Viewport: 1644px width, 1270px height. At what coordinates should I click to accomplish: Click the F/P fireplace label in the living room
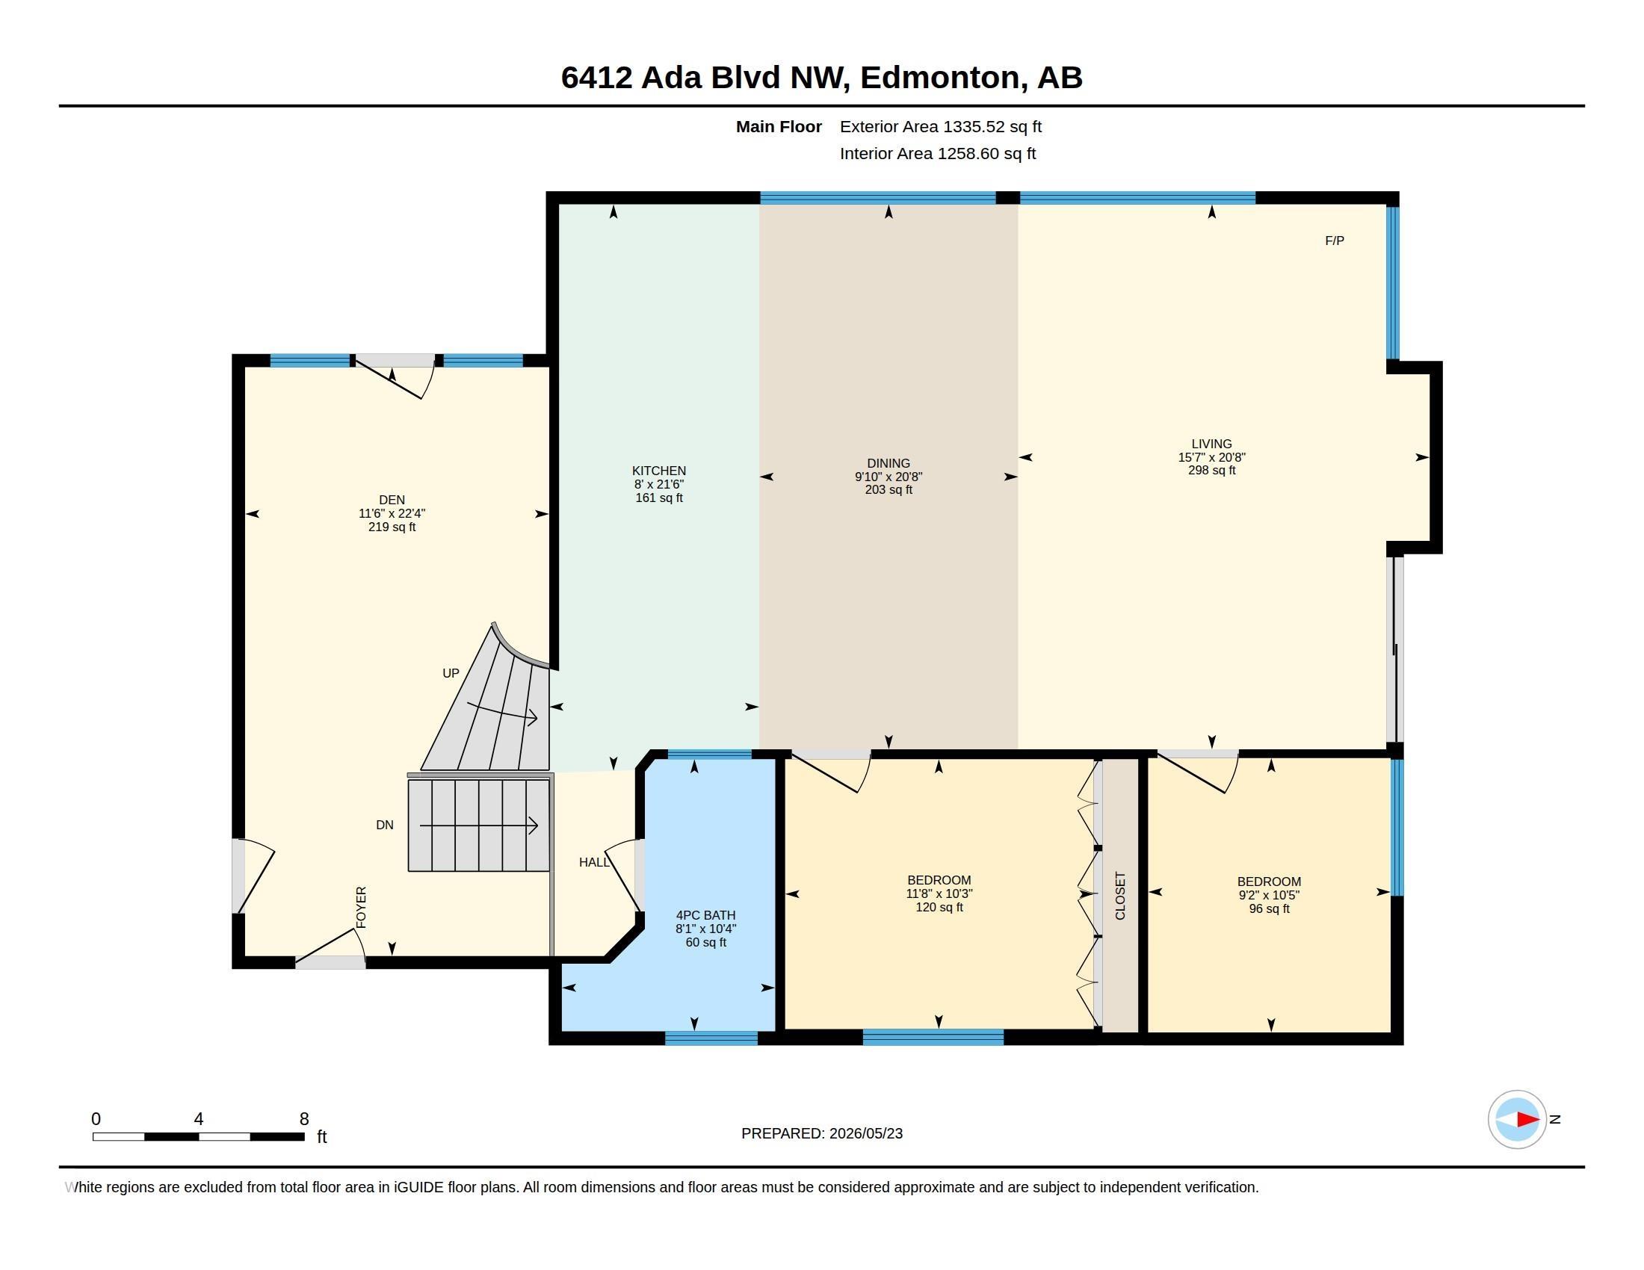pyautogui.click(x=1334, y=241)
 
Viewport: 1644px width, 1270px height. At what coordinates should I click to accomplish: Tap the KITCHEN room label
pyautogui.click(x=658, y=471)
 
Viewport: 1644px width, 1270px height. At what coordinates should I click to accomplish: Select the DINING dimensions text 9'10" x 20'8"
pyautogui.click(x=889, y=477)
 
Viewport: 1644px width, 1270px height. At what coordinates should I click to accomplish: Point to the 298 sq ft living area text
pyautogui.click(x=1211, y=470)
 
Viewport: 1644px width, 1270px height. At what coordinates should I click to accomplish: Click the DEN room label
pyautogui.click(x=392, y=500)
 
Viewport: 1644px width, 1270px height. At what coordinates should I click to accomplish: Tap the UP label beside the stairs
pyautogui.click(x=450, y=673)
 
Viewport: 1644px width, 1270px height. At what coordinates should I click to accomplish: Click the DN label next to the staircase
pyautogui.click(x=385, y=825)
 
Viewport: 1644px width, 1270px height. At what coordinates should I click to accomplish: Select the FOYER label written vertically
pyautogui.click(x=362, y=908)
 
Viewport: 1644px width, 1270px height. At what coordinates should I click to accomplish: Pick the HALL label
pyautogui.click(x=594, y=862)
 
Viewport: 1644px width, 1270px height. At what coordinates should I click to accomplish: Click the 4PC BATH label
pyautogui.click(x=705, y=916)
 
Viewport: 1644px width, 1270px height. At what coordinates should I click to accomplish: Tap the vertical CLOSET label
pyautogui.click(x=1120, y=895)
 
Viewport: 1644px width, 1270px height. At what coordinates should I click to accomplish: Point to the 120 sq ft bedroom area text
pyautogui.click(x=939, y=908)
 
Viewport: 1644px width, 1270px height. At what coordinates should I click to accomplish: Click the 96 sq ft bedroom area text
pyautogui.click(x=1269, y=909)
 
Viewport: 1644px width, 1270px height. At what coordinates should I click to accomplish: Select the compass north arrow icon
pyautogui.click(x=1517, y=1119)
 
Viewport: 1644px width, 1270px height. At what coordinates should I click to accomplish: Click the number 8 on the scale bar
pyautogui.click(x=304, y=1119)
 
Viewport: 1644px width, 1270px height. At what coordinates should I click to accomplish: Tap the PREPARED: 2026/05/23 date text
pyautogui.click(x=822, y=1133)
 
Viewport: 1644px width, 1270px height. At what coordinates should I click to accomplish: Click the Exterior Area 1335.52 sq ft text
pyautogui.click(x=941, y=126)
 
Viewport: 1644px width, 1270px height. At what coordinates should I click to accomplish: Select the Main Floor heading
pyautogui.click(x=779, y=126)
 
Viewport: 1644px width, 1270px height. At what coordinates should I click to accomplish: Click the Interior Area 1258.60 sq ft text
pyautogui.click(x=938, y=153)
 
